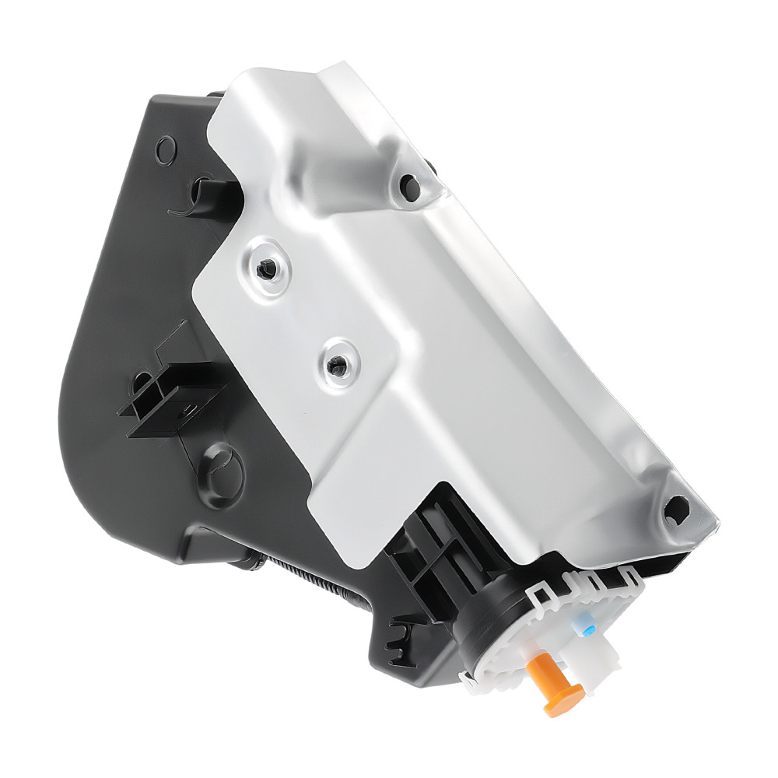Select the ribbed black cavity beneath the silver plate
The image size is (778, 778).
432,545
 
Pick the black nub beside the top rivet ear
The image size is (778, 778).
429,166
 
